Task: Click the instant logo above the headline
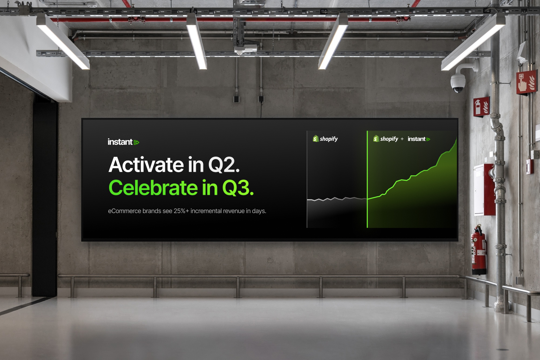123,142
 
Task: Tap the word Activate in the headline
146,165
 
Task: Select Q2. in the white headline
224,165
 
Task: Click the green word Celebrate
153,188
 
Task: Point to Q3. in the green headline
238,188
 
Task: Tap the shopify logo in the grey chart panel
325,139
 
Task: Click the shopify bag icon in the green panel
376,138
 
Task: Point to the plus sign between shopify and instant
402,139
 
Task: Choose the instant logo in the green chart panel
419,139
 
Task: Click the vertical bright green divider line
367,179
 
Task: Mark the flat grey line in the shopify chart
337,199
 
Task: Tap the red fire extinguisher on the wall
479,250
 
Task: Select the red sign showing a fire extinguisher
481,107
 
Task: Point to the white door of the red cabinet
479,190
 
